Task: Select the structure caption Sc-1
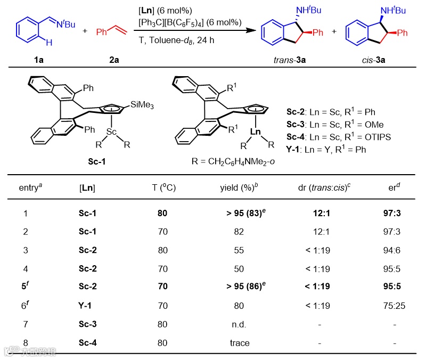click(97, 162)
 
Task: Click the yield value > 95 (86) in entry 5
click(239, 285)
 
